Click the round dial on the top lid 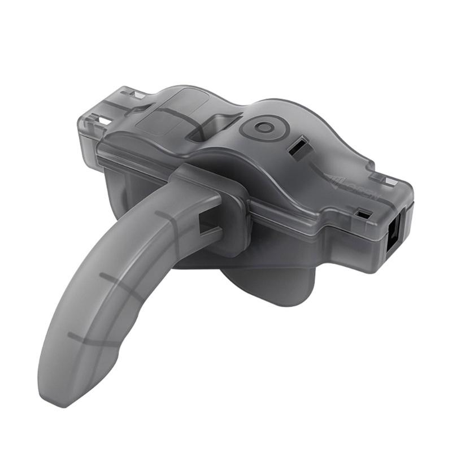(262, 128)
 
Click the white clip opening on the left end (104, 120)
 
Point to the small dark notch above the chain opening (364, 214)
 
